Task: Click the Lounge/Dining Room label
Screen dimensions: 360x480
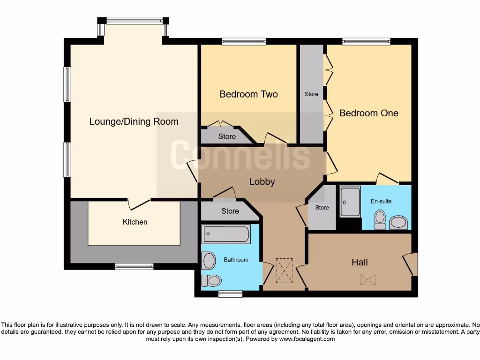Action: click(134, 122)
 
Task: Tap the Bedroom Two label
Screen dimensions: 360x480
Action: click(248, 94)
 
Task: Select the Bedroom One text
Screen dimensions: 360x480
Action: click(368, 113)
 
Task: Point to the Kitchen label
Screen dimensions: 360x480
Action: click(135, 222)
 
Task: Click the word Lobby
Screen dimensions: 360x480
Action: click(262, 182)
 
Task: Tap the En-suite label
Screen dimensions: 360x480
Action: click(381, 202)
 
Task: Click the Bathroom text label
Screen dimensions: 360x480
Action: click(236, 260)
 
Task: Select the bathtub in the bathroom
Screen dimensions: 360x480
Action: click(226, 234)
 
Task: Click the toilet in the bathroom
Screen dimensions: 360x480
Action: click(211, 281)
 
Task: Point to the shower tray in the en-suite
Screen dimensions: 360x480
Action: click(350, 202)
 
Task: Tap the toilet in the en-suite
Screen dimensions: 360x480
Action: click(380, 219)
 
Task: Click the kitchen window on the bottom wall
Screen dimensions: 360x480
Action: click(134, 267)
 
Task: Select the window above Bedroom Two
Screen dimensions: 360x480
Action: click(244, 42)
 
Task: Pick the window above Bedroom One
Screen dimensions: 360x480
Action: click(366, 42)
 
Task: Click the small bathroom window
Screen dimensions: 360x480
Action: click(230, 294)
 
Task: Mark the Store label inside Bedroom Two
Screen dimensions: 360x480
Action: click(227, 137)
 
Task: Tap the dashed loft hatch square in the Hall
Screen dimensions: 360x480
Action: click(367, 280)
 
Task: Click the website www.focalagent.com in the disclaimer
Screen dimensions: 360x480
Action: click(307, 339)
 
